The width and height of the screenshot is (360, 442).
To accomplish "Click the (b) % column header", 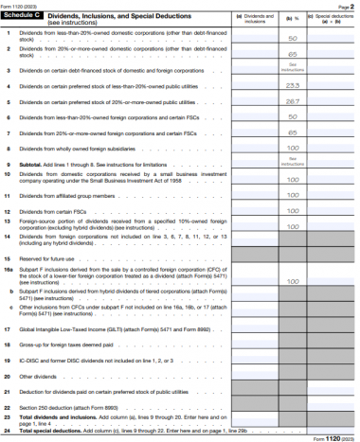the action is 294,17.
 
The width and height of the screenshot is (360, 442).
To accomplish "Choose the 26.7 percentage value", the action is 293,101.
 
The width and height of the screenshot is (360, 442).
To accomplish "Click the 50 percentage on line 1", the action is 293,38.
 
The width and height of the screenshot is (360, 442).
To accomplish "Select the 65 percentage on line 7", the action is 293,133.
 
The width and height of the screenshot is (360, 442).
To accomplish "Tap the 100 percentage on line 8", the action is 293,148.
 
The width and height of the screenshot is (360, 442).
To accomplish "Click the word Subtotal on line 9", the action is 32,164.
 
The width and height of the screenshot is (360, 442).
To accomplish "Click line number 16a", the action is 9,270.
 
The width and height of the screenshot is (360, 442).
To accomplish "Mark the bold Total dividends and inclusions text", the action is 57,416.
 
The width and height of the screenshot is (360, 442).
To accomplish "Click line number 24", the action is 8,431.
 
